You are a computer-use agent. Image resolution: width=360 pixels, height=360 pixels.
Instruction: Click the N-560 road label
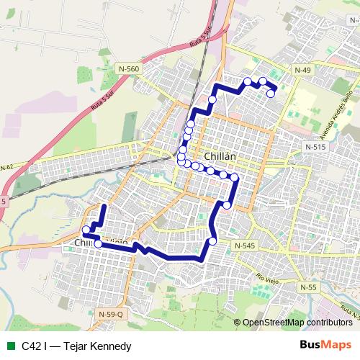(x=130, y=68)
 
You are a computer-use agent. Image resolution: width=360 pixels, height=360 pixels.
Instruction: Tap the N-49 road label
(x=302, y=69)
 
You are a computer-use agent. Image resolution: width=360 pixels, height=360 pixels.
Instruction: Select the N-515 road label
(x=315, y=146)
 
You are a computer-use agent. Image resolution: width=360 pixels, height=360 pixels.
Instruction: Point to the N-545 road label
(x=244, y=246)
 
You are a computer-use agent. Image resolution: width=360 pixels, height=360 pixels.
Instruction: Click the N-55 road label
(x=307, y=287)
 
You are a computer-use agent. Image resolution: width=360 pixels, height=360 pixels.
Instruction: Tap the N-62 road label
(x=7, y=167)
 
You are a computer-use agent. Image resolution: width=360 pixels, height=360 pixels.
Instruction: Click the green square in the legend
(x=9, y=346)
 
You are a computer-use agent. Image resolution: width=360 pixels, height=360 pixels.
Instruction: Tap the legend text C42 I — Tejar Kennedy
(x=76, y=346)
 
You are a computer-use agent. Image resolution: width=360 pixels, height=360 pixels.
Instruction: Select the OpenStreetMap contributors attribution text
(x=297, y=323)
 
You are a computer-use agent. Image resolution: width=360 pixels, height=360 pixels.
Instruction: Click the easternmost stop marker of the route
(x=271, y=94)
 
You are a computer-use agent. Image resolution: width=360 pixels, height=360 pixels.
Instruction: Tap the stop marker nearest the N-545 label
(x=212, y=241)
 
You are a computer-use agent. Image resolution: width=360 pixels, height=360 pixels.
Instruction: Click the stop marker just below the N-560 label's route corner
(x=212, y=100)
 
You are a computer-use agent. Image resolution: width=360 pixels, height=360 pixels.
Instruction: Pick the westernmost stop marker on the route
(x=86, y=230)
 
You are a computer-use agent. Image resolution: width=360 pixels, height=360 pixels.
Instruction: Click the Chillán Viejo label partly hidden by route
(x=101, y=244)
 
